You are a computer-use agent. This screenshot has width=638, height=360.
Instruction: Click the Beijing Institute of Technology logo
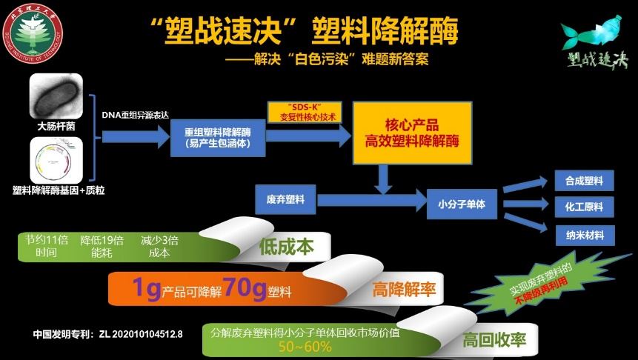33,33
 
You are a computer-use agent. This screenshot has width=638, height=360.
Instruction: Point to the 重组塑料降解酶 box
219,136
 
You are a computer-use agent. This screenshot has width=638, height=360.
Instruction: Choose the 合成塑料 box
585,181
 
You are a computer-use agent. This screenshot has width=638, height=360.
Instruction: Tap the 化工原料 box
585,207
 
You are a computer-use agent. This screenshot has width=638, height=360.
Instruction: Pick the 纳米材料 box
585,235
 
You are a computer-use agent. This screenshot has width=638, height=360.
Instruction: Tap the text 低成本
287,248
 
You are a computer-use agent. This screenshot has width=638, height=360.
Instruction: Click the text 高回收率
494,341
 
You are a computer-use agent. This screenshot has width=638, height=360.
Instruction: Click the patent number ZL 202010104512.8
140,333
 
